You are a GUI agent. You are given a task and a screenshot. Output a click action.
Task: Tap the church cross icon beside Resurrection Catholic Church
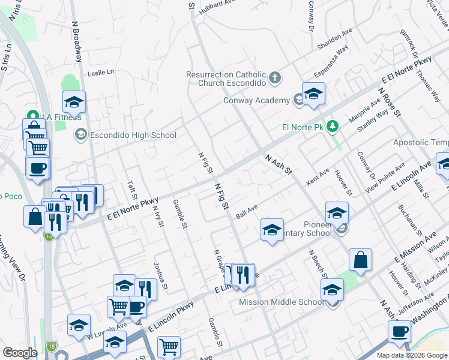click(275, 77)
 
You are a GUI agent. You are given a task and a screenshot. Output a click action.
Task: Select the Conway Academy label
click(256, 100)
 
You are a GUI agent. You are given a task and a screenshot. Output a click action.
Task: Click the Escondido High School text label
click(133, 135)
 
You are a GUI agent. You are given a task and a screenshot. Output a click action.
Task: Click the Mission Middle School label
click(282, 302)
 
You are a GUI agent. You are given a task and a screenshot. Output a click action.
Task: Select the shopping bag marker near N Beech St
click(361, 260)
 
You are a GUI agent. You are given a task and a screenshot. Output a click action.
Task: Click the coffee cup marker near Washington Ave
click(400, 331)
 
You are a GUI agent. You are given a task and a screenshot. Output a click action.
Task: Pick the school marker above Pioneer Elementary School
click(337, 213)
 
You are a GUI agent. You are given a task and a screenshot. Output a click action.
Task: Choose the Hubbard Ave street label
click(218, 5)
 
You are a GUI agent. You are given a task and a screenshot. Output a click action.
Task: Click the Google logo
click(20, 353)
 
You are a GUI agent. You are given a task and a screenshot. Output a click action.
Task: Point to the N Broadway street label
click(77, 42)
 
